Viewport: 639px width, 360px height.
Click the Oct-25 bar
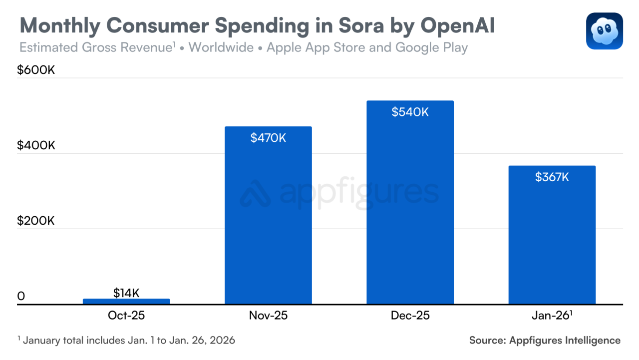click(x=126, y=301)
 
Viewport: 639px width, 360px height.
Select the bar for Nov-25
click(x=268, y=220)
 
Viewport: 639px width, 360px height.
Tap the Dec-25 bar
click(x=410, y=205)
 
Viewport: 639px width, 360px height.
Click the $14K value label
click(x=126, y=293)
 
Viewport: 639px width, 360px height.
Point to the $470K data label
click(x=268, y=138)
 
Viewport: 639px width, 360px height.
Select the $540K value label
click(x=410, y=112)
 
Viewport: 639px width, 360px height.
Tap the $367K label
click(x=552, y=177)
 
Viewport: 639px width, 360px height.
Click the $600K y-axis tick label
click(x=36, y=70)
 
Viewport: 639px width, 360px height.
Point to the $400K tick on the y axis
click(x=36, y=145)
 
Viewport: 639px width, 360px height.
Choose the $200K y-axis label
click(x=36, y=221)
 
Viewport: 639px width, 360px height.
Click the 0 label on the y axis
click(x=21, y=296)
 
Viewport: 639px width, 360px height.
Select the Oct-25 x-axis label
click(x=126, y=316)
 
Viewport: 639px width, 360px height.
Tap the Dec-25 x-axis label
click(x=410, y=316)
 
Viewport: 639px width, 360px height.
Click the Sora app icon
click(x=604, y=31)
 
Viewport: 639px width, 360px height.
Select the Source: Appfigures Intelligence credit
click(x=545, y=341)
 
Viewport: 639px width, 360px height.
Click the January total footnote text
click(x=127, y=341)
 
